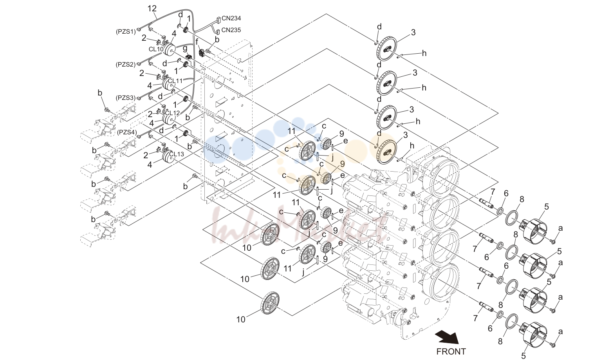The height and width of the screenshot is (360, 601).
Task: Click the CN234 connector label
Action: (x=231, y=18)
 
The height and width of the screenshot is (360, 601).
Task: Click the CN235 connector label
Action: (x=231, y=30)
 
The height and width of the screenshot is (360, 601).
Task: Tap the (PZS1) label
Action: (x=126, y=32)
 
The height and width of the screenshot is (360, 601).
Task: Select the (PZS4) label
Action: (x=127, y=132)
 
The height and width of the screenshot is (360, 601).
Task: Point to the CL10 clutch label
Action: (x=156, y=49)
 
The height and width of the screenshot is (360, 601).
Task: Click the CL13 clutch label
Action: (x=177, y=154)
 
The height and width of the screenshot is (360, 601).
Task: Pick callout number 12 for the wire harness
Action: (x=152, y=8)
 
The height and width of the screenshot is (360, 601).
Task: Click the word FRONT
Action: (x=451, y=351)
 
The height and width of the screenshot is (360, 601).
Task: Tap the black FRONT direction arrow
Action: (x=447, y=337)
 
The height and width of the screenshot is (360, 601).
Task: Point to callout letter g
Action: (x=185, y=49)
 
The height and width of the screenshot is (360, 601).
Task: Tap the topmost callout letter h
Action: (x=424, y=53)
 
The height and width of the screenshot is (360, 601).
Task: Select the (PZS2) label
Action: (x=126, y=64)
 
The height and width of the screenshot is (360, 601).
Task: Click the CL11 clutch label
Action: (x=175, y=81)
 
